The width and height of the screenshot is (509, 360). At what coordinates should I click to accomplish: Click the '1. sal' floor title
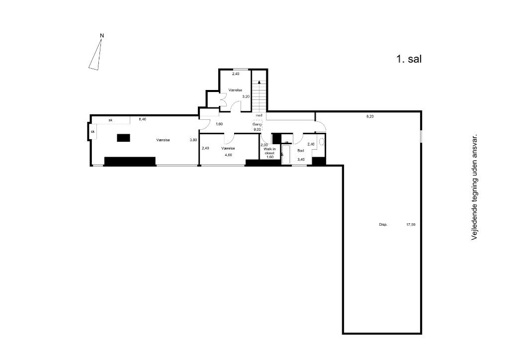[409, 59]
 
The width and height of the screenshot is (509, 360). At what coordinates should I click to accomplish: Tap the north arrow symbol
[97, 54]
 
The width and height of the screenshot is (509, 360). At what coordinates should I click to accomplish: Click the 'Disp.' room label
[383, 225]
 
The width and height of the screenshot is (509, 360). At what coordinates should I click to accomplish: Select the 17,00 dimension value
[411, 225]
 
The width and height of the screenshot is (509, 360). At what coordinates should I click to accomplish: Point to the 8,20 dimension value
[370, 117]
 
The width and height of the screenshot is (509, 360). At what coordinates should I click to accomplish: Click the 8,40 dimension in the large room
[142, 119]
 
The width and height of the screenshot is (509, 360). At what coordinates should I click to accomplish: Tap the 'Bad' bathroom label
[300, 150]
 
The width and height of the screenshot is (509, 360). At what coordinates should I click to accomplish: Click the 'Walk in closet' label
[269, 151]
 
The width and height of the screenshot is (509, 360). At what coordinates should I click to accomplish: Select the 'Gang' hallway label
[257, 124]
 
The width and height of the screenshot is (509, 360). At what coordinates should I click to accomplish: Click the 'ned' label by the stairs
[259, 115]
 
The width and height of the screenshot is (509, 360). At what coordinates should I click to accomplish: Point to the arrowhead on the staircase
[259, 81]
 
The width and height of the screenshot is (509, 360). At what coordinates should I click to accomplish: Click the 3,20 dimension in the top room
[246, 96]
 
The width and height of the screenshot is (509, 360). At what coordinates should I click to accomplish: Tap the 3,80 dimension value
[193, 140]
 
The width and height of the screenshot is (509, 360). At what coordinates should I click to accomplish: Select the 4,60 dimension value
[228, 155]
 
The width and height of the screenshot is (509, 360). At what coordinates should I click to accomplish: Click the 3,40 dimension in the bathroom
[301, 159]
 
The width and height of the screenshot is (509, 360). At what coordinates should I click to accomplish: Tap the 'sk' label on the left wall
[92, 132]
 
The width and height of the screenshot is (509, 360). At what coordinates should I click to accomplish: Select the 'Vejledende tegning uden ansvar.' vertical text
[474, 187]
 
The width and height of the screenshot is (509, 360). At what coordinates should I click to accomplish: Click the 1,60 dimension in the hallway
[219, 124]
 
